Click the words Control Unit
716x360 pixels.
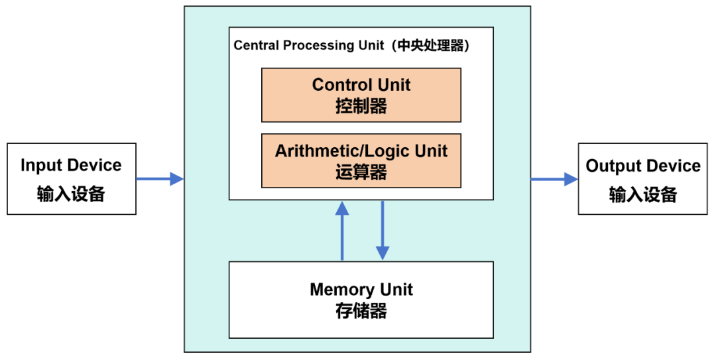pyautogui.click(x=361, y=85)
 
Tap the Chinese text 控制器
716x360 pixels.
pyautogui.click(x=361, y=106)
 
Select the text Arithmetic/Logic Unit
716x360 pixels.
pyautogui.click(x=361, y=151)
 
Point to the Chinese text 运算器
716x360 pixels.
pyautogui.click(x=361, y=172)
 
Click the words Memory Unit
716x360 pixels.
pyautogui.click(x=361, y=290)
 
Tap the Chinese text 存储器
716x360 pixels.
pyautogui.click(x=361, y=311)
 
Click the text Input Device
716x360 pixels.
pyautogui.click(x=71, y=166)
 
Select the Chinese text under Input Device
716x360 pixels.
pyautogui.click(x=71, y=194)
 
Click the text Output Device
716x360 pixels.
pyautogui.click(x=643, y=166)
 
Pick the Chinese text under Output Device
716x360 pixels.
pyautogui.click(x=643, y=194)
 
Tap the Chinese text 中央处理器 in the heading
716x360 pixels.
pyautogui.click(x=431, y=46)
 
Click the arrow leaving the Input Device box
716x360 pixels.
pyautogui.click(x=160, y=178)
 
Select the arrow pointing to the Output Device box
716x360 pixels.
pyautogui.click(x=554, y=178)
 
